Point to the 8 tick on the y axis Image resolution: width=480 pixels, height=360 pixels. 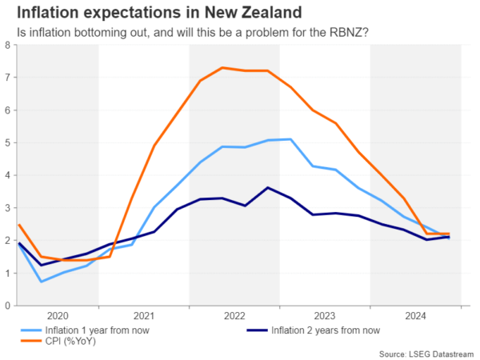point(7,45)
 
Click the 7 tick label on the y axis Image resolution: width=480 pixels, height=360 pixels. point(7,78)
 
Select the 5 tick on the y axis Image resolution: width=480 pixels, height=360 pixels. point(7,142)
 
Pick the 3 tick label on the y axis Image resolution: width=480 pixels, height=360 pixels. point(7,208)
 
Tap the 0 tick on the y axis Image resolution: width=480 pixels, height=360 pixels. point(7,306)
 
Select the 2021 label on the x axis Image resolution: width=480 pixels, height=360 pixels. point(144,315)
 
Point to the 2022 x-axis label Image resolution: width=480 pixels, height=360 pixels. point(234,315)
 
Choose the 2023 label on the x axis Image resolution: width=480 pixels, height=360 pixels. point(326,315)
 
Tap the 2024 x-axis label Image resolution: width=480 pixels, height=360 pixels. point(416,315)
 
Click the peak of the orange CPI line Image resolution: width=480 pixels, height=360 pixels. point(222,67)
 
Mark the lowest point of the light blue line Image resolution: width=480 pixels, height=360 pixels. point(41,282)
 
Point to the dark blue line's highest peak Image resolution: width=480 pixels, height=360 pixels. point(268,187)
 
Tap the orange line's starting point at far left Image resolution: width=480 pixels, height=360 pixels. point(18,225)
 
